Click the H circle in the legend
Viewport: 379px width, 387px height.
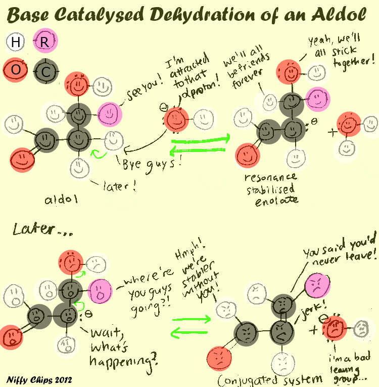pyautogui.click(x=15, y=42)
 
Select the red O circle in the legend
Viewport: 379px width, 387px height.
pyautogui.click(x=16, y=69)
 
